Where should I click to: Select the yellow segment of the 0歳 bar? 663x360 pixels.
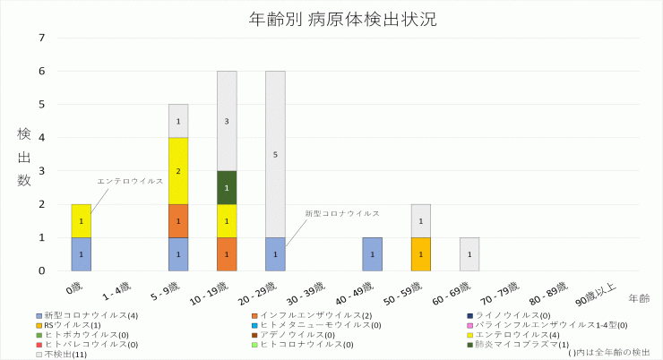point(82,220)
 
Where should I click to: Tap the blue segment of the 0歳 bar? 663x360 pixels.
point(82,254)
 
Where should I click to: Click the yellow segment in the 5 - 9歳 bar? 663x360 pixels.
point(178,170)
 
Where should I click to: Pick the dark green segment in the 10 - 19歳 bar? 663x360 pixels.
point(227,187)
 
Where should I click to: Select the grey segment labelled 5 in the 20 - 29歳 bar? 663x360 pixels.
point(275,154)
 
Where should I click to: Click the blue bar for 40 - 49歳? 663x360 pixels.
point(372,254)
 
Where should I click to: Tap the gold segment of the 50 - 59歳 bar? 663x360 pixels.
point(420,254)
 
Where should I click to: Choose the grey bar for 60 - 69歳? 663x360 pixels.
point(469,254)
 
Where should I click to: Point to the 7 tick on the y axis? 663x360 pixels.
point(41,38)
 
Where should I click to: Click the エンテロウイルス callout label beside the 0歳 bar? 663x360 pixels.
point(130,181)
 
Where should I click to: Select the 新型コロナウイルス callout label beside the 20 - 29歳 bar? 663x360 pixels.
point(341,214)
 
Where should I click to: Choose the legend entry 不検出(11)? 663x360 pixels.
point(65,354)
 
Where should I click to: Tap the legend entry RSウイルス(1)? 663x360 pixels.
point(71,325)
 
